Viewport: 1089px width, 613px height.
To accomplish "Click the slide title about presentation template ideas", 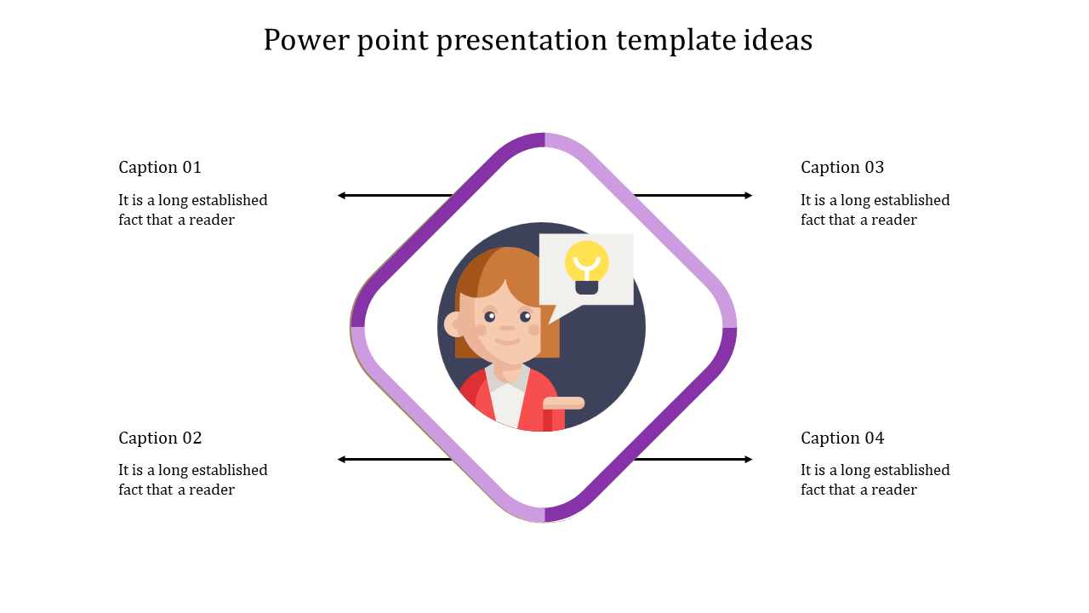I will [538, 40].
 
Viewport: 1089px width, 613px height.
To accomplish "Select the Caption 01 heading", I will [160, 167].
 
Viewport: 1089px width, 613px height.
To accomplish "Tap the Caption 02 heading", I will [160, 438].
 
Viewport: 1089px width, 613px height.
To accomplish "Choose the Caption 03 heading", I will [842, 167].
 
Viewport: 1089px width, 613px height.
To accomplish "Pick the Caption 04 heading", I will [842, 438].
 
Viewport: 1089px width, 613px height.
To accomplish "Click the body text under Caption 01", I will [193, 210].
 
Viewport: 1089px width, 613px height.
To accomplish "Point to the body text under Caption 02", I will [193, 480].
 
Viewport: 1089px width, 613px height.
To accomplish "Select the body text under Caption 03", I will [875, 210].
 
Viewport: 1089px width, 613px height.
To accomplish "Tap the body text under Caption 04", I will [875, 480].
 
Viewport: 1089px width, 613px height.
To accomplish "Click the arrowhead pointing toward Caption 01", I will [341, 196].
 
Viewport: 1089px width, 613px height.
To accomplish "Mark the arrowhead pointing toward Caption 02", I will [341, 460].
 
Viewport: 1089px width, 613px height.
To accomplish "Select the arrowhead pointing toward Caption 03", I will [749, 196].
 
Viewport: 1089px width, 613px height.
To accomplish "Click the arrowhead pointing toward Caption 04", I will [749, 460].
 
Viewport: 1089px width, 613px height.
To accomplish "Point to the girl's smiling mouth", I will [507, 341].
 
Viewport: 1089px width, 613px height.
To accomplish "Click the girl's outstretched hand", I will [564, 403].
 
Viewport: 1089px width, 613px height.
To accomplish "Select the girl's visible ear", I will [453, 324].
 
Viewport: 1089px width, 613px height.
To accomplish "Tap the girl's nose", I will [507, 328].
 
